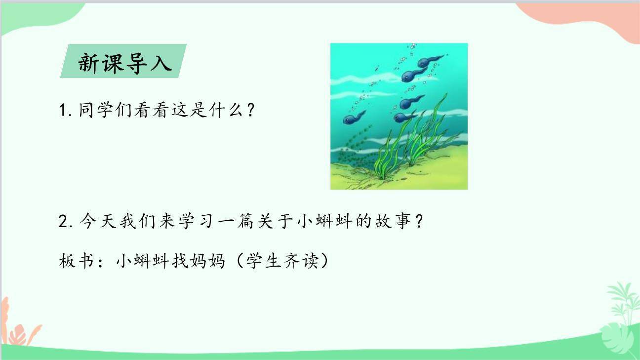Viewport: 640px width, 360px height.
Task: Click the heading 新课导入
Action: point(125,63)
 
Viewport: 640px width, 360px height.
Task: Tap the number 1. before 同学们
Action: point(66,111)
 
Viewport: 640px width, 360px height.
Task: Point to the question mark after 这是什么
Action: point(250,111)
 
